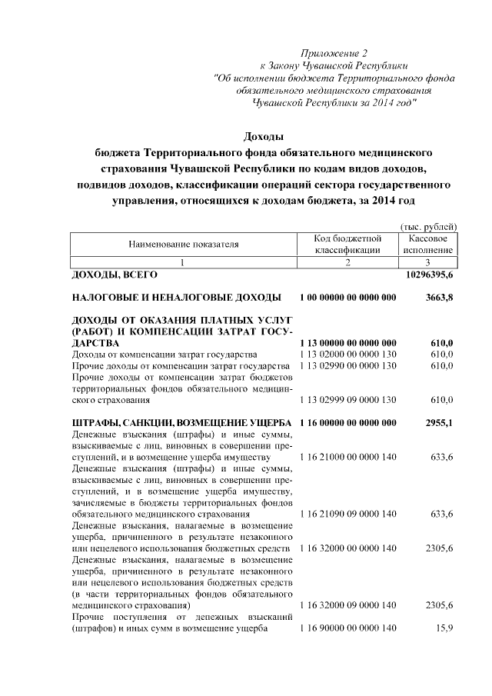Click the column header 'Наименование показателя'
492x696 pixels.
click(x=183, y=245)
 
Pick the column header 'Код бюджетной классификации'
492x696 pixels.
click(x=347, y=245)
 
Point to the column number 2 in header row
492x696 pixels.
click(x=347, y=262)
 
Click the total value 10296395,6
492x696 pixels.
click(x=430, y=275)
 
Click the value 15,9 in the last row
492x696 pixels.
click(x=444, y=630)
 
